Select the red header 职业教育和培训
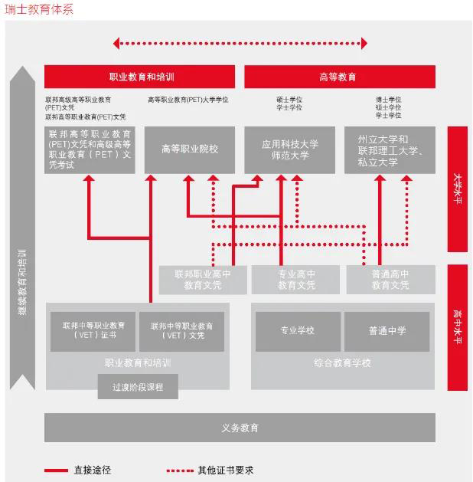140,77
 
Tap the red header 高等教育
339,77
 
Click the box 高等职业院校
190,149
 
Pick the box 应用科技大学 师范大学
290,149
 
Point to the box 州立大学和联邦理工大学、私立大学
390,150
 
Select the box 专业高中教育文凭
296,280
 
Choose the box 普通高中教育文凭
390,280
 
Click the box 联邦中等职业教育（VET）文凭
181,330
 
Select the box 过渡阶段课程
138,387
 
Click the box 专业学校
295,330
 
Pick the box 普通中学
387,330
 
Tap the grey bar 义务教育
240,427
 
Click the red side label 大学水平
458,189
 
